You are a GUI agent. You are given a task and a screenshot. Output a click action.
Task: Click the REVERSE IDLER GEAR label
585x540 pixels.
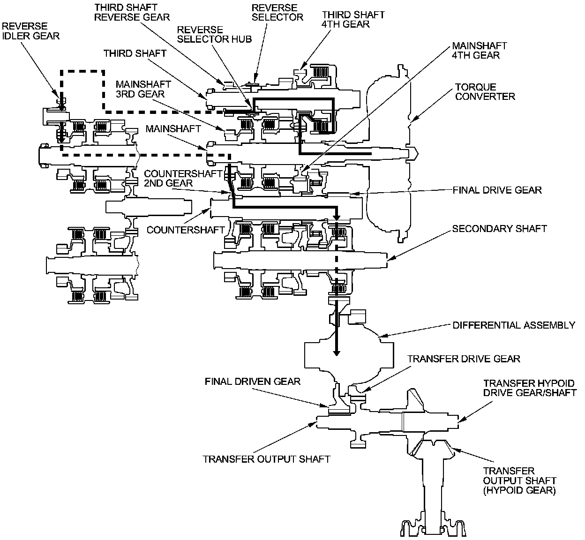click(x=30, y=31)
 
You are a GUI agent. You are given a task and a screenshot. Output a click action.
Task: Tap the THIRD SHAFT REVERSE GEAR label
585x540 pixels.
click(x=132, y=12)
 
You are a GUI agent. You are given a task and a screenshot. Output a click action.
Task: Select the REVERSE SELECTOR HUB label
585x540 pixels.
click(x=214, y=35)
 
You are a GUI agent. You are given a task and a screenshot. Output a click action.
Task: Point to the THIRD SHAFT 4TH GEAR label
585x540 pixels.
click(x=353, y=19)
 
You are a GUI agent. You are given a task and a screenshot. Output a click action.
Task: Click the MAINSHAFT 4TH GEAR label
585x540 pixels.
click(x=479, y=50)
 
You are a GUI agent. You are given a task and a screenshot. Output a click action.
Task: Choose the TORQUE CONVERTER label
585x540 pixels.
click(x=485, y=91)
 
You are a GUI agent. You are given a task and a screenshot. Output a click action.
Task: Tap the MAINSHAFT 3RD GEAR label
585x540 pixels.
click(x=143, y=89)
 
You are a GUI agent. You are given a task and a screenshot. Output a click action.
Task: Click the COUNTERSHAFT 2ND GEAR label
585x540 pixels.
click(x=183, y=178)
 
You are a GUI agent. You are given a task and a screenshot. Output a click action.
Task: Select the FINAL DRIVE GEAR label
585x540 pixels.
click(x=497, y=190)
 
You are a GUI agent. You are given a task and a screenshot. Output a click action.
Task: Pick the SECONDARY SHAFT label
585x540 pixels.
click(x=500, y=229)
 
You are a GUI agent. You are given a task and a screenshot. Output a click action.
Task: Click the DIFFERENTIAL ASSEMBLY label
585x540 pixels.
click(x=514, y=325)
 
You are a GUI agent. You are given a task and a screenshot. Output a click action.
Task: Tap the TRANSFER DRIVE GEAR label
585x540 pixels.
click(x=464, y=359)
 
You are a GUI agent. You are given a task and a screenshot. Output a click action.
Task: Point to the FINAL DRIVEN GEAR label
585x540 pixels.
click(x=253, y=382)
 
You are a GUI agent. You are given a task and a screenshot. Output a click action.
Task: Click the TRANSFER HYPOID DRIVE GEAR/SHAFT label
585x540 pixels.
click(x=530, y=388)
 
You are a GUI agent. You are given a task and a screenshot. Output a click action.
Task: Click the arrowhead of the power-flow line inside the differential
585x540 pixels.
click(x=337, y=353)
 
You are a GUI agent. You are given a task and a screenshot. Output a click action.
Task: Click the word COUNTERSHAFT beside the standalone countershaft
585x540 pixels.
click(x=186, y=230)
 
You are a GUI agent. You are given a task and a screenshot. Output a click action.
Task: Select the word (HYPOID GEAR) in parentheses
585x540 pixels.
click(x=519, y=490)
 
